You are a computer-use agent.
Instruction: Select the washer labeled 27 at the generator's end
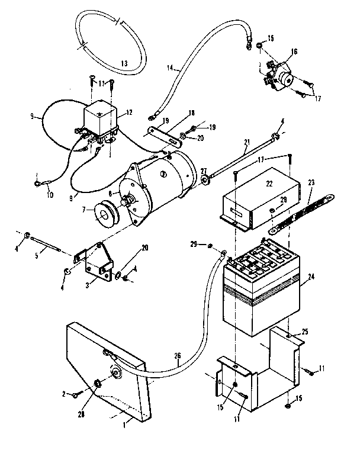(204, 179)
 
